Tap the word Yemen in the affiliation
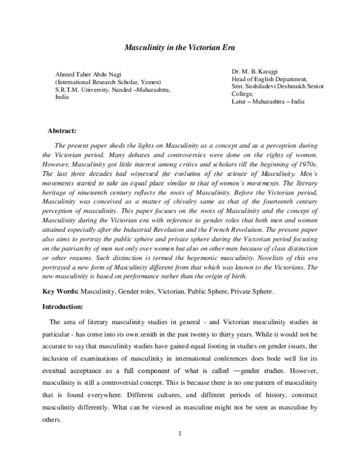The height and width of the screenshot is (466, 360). (x=149, y=82)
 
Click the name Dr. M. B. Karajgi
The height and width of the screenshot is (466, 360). (x=256, y=71)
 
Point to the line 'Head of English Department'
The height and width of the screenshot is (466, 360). (x=269, y=79)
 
